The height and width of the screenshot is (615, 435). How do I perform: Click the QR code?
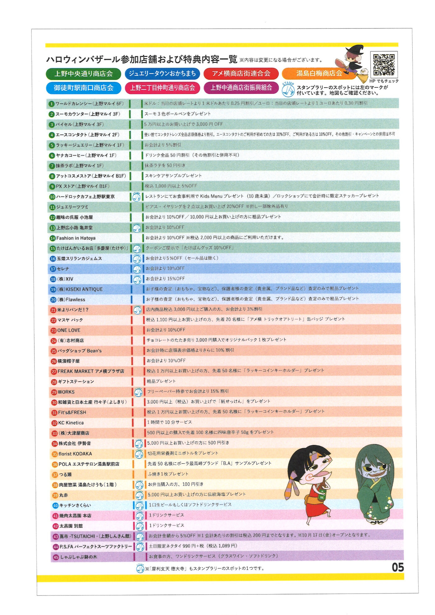(x=384, y=65)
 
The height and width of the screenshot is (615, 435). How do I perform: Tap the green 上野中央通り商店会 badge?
(x=83, y=74)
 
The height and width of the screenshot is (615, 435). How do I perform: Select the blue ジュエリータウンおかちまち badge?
(x=162, y=74)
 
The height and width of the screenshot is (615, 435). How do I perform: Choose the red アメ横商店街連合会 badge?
(x=241, y=74)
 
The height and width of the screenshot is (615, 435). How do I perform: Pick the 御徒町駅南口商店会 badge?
(x=83, y=88)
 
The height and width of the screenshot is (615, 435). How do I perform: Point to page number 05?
(x=397, y=567)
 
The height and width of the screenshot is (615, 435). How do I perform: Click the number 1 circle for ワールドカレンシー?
(x=52, y=104)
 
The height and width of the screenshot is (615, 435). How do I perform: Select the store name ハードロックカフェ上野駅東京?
(x=85, y=197)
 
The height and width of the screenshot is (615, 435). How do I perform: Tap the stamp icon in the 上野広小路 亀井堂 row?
(x=137, y=228)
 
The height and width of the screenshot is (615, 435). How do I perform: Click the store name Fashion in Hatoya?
(x=76, y=238)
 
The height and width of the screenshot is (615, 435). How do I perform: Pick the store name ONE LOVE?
(x=69, y=330)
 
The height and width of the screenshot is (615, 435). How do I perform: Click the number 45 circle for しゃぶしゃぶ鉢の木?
(x=56, y=558)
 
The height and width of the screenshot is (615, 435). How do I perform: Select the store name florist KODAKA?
(x=75, y=454)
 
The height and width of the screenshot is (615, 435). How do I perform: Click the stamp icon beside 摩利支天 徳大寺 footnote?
(x=140, y=569)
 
